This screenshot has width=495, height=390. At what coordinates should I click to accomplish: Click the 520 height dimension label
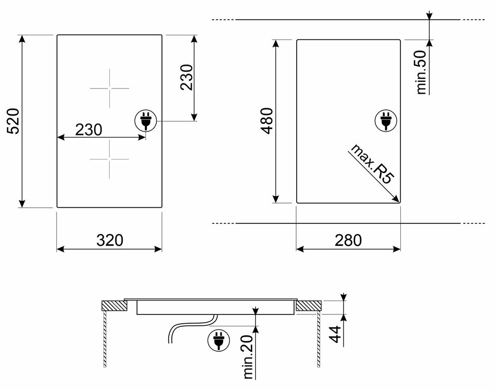(x=13, y=121)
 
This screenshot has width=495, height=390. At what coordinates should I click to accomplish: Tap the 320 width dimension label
(x=110, y=240)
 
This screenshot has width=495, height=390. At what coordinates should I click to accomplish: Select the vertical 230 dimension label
(x=186, y=77)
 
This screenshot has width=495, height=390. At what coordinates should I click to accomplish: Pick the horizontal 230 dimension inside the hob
(x=89, y=129)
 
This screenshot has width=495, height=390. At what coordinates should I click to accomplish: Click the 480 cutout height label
(x=267, y=121)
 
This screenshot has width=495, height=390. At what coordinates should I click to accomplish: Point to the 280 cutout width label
(x=348, y=240)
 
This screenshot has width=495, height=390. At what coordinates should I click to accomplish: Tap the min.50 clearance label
(x=422, y=73)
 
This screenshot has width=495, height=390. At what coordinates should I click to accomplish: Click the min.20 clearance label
(x=249, y=357)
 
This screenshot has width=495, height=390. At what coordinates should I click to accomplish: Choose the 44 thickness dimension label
(x=335, y=334)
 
